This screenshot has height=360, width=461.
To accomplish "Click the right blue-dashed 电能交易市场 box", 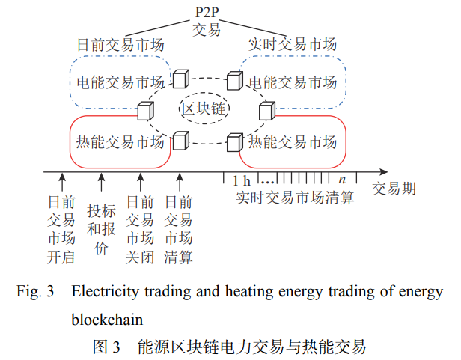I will click(293, 80).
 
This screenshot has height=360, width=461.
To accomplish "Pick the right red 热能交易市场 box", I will click(293, 141).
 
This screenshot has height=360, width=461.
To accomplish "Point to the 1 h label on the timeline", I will click(240, 181).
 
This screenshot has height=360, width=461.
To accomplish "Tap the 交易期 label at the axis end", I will click(394, 189).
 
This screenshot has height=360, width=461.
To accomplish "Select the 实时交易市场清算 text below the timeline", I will click(294, 198).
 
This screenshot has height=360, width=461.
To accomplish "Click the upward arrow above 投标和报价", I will click(101, 182).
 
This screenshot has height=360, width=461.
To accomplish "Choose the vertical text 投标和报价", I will click(101, 229).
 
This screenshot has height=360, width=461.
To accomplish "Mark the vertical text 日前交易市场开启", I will click(61, 230).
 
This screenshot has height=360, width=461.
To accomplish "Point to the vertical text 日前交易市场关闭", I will click(139, 230).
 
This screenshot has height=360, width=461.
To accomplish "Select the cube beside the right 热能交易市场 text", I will click(234, 141).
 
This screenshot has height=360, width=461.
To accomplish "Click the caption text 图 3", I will click(105, 346).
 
